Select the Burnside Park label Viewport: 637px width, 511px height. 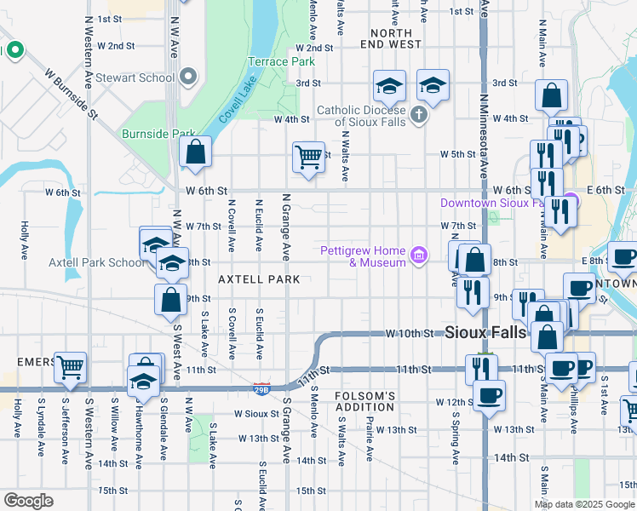click(159, 134)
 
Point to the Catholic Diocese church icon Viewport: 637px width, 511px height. click(418, 113)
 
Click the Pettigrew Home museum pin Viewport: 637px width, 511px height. click(418, 255)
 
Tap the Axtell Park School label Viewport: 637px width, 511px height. click(97, 262)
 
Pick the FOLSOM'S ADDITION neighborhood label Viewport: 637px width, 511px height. click(365, 402)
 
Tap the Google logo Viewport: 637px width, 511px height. click(28, 501)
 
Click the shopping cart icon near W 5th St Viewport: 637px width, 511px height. click(307, 157)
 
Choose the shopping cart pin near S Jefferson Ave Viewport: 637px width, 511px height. click(70, 368)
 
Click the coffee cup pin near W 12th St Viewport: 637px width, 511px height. click(489, 395)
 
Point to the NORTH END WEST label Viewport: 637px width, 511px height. click(391, 37)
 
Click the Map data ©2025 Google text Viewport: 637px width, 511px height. click(583, 504)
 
